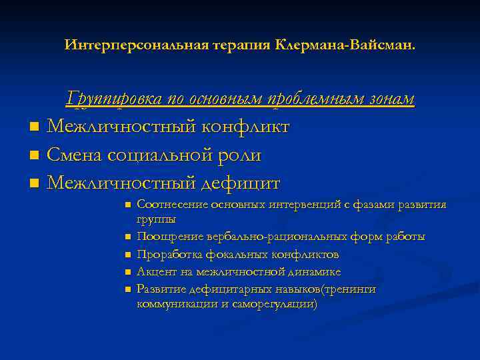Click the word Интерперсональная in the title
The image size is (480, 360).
[x=121, y=45]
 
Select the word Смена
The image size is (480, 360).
[x=77, y=155]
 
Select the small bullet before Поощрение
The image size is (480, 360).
[x=126, y=237]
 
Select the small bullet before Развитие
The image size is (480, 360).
[x=126, y=289]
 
